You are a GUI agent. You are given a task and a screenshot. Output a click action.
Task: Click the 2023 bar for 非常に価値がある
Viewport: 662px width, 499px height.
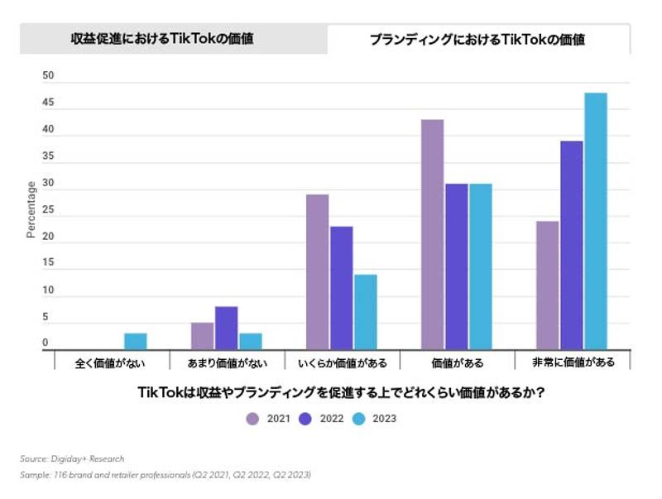pyautogui.click(x=596, y=221)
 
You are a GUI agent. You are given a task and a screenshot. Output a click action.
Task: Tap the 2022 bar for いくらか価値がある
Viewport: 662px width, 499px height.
pyautogui.click(x=341, y=288)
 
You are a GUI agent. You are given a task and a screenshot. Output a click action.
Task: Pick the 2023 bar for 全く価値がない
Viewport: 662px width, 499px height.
pyautogui.click(x=136, y=342)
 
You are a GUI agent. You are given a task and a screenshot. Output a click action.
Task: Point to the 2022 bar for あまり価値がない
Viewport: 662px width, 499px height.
pyautogui.click(x=226, y=328)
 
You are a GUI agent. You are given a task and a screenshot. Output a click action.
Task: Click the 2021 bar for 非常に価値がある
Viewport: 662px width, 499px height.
pyautogui.click(x=547, y=285)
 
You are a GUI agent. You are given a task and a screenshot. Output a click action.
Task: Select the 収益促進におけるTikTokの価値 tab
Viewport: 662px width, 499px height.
pyautogui.click(x=173, y=38)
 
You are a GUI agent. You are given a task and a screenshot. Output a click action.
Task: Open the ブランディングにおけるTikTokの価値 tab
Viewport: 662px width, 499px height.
pyautogui.click(x=477, y=39)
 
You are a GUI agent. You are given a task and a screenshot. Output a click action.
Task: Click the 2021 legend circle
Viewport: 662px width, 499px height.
pyautogui.click(x=252, y=419)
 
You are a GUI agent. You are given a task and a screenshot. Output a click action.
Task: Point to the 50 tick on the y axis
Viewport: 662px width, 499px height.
pyautogui.click(x=48, y=76)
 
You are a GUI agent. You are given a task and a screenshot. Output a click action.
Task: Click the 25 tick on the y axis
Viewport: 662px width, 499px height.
pyautogui.click(x=48, y=210)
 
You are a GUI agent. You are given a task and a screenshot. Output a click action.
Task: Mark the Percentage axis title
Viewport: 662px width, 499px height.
pyautogui.click(x=31, y=210)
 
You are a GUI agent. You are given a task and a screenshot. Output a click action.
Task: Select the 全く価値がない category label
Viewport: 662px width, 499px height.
pyautogui.click(x=112, y=362)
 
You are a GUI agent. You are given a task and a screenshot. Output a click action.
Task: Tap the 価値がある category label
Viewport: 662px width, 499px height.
pyautogui.click(x=457, y=362)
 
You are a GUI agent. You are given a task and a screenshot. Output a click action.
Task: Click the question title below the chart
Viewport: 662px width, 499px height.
pyautogui.click(x=341, y=393)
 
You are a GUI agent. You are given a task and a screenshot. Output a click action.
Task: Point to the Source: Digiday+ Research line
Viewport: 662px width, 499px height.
pyautogui.click(x=72, y=458)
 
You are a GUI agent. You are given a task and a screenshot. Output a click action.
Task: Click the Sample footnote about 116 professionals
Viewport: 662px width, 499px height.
pyautogui.click(x=165, y=475)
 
